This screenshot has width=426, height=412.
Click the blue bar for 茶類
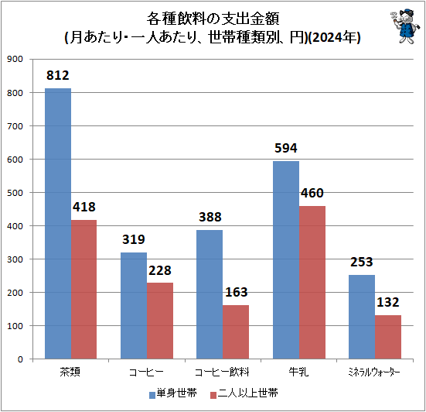pyautogui.click(x=58, y=223)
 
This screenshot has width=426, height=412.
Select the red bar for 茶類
pyautogui.click(x=84, y=290)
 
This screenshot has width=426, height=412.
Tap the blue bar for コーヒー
pyautogui.click(x=134, y=306)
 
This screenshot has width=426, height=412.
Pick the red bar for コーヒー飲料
pyautogui.click(x=236, y=332)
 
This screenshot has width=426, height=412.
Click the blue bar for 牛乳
pyautogui.click(x=286, y=260)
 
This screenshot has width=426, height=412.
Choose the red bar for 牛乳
pyautogui.click(x=312, y=283)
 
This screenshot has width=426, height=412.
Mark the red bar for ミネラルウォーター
pyautogui.click(x=388, y=337)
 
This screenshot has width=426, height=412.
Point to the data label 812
pyautogui.click(x=57, y=75)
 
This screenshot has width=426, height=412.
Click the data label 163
pyautogui.click(x=236, y=292)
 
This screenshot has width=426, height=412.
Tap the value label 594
pyautogui.click(x=286, y=148)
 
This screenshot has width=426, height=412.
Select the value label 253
pyautogui.click(x=362, y=262)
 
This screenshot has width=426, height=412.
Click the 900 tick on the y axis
pyautogui.click(x=15, y=59)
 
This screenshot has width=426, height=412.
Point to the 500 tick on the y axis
pyautogui.click(x=15, y=193)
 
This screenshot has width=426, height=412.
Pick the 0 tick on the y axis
pyautogui.click(x=20, y=359)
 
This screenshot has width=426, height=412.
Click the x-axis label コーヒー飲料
pyautogui.click(x=222, y=372)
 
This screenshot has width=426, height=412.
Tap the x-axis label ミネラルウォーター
pyautogui.click(x=374, y=372)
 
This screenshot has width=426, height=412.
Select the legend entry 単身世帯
pyautogui.click(x=173, y=393)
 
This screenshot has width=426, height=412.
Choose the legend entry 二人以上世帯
pyautogui.click(x=244, y=393)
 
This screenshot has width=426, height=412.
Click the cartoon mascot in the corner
pyautogui.click(x=405, y=26)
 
